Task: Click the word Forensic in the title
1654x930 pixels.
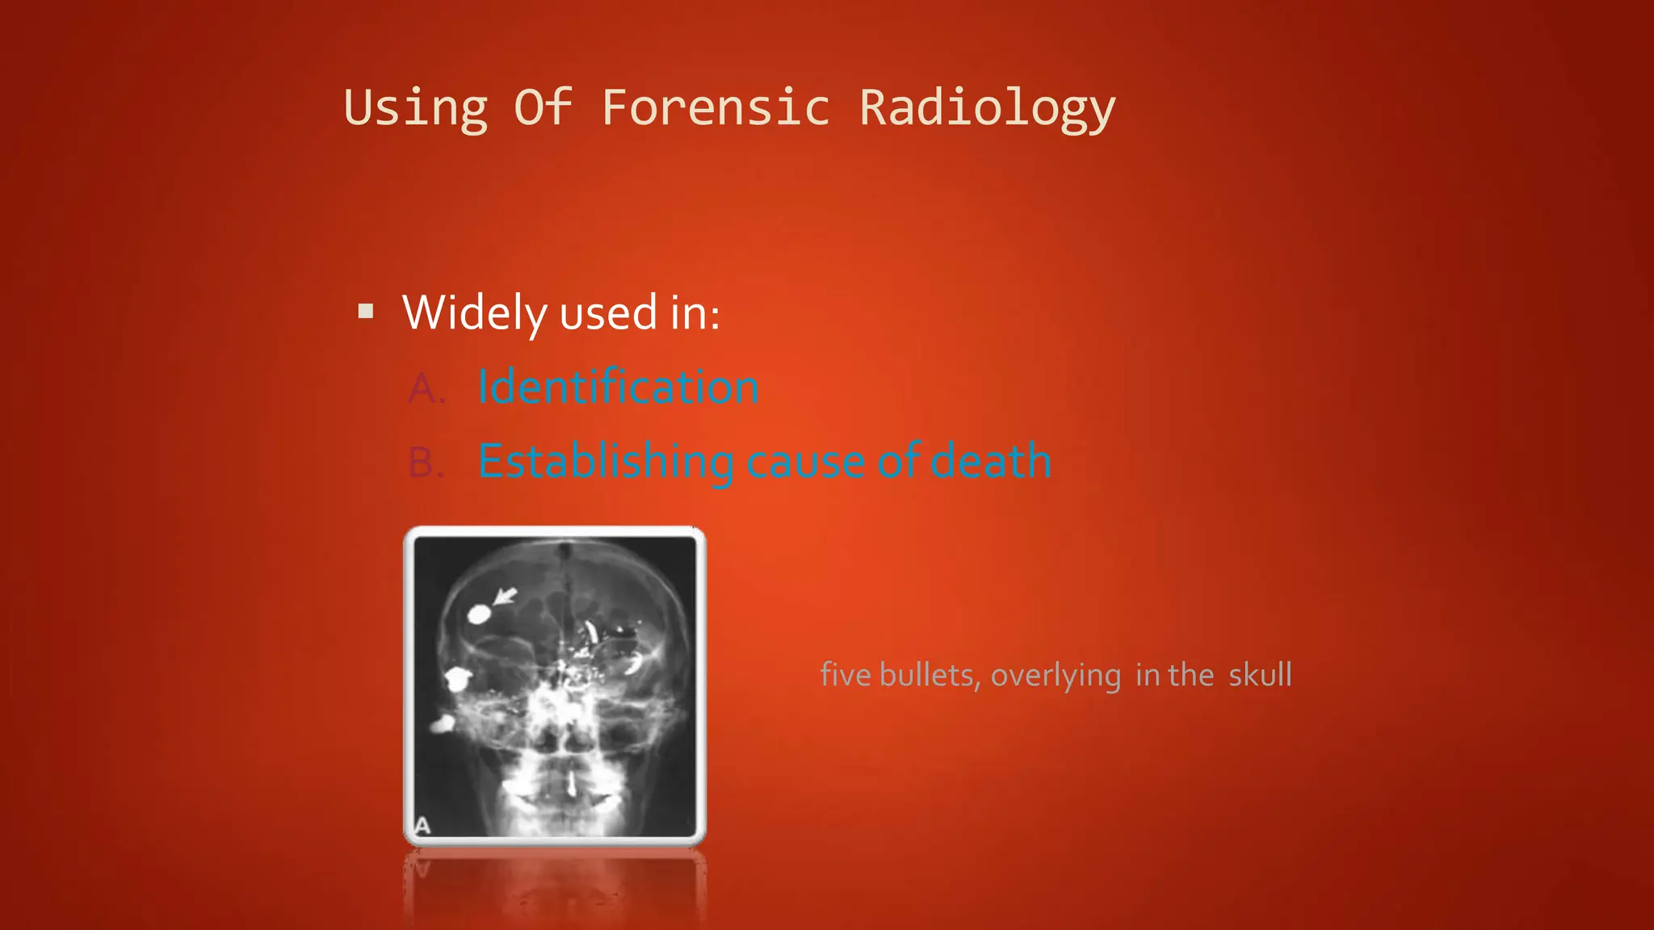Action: click(x=716, y=107)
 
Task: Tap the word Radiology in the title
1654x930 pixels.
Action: click(x=987, y=107)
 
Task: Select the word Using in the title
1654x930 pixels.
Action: click(x=416, y=107)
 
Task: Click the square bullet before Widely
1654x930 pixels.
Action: click(x=366, y=312)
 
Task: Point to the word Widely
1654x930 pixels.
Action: click(x=475, y=312)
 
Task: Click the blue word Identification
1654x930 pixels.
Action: click(x=618, y=387)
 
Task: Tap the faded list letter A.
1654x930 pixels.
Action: click(x=426, y=389)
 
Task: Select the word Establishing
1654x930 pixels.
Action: click(x=606, y=462)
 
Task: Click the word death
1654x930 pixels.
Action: click(x=991, y=461)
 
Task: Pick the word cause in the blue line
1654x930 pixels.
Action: click(x=807, y=462)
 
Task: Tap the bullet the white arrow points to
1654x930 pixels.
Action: click(x=478, y=614)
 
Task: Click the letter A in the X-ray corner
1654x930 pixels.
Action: click(x=422, y=826)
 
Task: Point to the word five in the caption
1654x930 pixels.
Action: click(x=845, y=675)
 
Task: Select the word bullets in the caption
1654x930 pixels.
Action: click(x=929, y=675)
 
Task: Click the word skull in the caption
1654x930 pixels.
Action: click(x=1260, y=675)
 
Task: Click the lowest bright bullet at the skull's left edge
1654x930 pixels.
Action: click(x=441, y=724)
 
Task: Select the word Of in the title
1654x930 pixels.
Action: click(x=543, y=107)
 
